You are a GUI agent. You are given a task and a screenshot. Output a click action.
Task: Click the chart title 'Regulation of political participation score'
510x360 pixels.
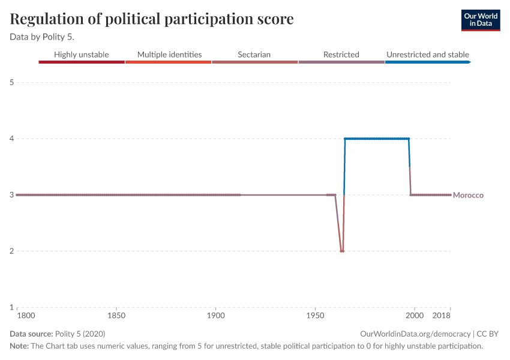tap(152, 19)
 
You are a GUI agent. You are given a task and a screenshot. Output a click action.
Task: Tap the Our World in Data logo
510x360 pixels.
tap(480, 20)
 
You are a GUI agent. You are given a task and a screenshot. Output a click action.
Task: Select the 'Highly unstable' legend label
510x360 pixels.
tap(82, 55)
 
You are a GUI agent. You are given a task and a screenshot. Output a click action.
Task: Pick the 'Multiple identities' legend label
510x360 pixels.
tap(169, 55)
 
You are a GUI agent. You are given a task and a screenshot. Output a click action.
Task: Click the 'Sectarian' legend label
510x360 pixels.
tap(254, 55)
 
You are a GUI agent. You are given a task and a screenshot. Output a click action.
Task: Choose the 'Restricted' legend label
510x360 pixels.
tap(341, 55)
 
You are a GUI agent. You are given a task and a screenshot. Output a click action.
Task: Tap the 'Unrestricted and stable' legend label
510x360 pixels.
tap(427, 55)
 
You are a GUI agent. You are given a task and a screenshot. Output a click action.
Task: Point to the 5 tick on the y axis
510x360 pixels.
tap(11, 82)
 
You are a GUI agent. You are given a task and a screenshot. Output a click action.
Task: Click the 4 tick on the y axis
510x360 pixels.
tap(11, 139)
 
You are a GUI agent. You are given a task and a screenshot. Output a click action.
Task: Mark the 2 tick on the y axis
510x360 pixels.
tap(11, 251)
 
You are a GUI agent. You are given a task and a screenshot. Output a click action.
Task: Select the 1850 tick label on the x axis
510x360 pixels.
tap(116, 316)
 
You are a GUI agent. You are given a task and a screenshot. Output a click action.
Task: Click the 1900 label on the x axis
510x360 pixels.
tap(215, 316)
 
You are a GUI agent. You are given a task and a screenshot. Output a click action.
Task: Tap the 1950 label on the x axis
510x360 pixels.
tap(315, 316)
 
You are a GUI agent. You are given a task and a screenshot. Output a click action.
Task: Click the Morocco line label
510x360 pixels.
tap(468, 195)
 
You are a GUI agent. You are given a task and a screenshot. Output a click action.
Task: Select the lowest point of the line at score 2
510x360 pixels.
tap(342, 251)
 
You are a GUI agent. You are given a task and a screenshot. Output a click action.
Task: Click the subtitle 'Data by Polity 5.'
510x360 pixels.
tap(42, 37)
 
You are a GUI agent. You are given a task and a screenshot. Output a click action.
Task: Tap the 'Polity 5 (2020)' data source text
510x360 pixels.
tap(80, 334)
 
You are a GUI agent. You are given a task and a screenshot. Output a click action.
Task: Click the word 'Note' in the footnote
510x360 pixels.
tap(19, 346)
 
